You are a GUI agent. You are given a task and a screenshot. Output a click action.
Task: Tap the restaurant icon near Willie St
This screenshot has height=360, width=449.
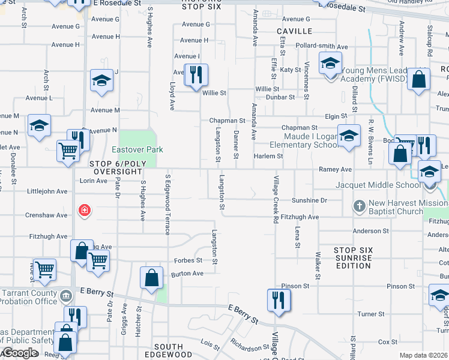(196, 75)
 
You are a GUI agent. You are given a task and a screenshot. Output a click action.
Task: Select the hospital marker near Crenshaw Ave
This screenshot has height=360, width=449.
(85, 210)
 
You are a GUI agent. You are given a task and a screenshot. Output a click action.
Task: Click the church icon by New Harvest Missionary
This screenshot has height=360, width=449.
(359, 206)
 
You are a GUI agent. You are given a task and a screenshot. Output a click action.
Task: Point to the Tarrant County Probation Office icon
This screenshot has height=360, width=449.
(65, 295)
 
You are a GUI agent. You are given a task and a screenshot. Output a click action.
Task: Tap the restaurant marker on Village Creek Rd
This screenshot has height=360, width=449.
(279, 299)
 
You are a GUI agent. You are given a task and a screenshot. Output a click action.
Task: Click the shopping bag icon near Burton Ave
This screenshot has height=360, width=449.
(151, 278)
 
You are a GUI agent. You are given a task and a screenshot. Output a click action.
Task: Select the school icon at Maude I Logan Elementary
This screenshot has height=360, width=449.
(348, 136)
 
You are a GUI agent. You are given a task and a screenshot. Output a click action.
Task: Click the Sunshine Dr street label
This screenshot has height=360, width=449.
(309, 200)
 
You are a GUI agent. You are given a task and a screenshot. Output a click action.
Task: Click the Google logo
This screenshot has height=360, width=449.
(19, 353)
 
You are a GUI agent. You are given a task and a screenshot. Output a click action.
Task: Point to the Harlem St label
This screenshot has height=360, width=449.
(268, 156)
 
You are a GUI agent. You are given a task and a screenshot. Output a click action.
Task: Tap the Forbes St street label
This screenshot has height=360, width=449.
(188, 260)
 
